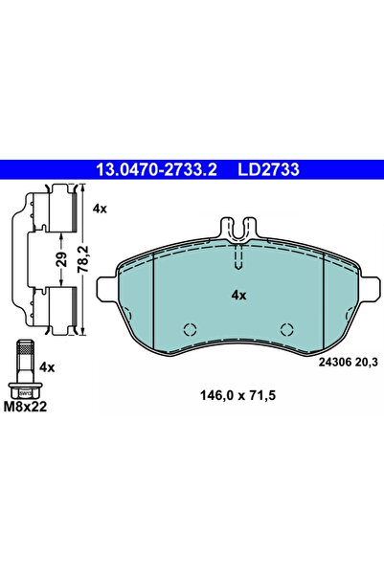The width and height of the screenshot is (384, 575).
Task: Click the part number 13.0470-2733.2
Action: [x=155, y=169]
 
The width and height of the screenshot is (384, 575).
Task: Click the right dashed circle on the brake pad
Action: [x=285, y=330]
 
